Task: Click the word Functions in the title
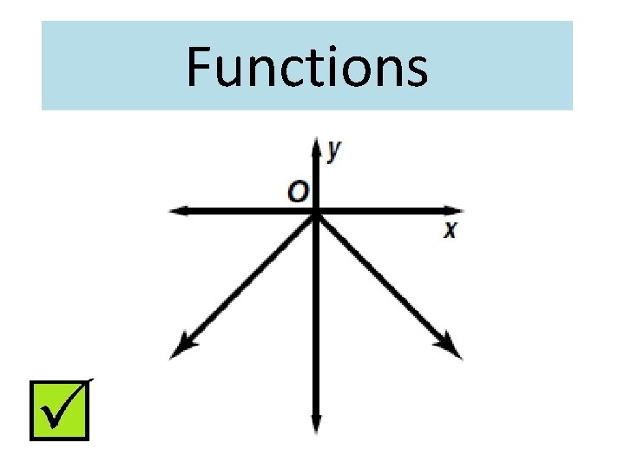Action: [x=306, y=68]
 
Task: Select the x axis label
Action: [x=450, y=230]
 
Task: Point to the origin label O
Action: [x=298, y=191]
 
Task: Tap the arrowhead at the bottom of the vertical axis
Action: [x=315, y=426]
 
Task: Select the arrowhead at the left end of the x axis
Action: [x=177, y=210]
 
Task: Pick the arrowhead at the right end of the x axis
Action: [x=455, y=210]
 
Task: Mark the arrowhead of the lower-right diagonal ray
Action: [x=453, y=349]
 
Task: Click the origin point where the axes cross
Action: [x=315, y=211]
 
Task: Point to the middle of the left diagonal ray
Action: [x=247, y=280]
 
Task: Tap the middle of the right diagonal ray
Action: [x=384, y=280]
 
